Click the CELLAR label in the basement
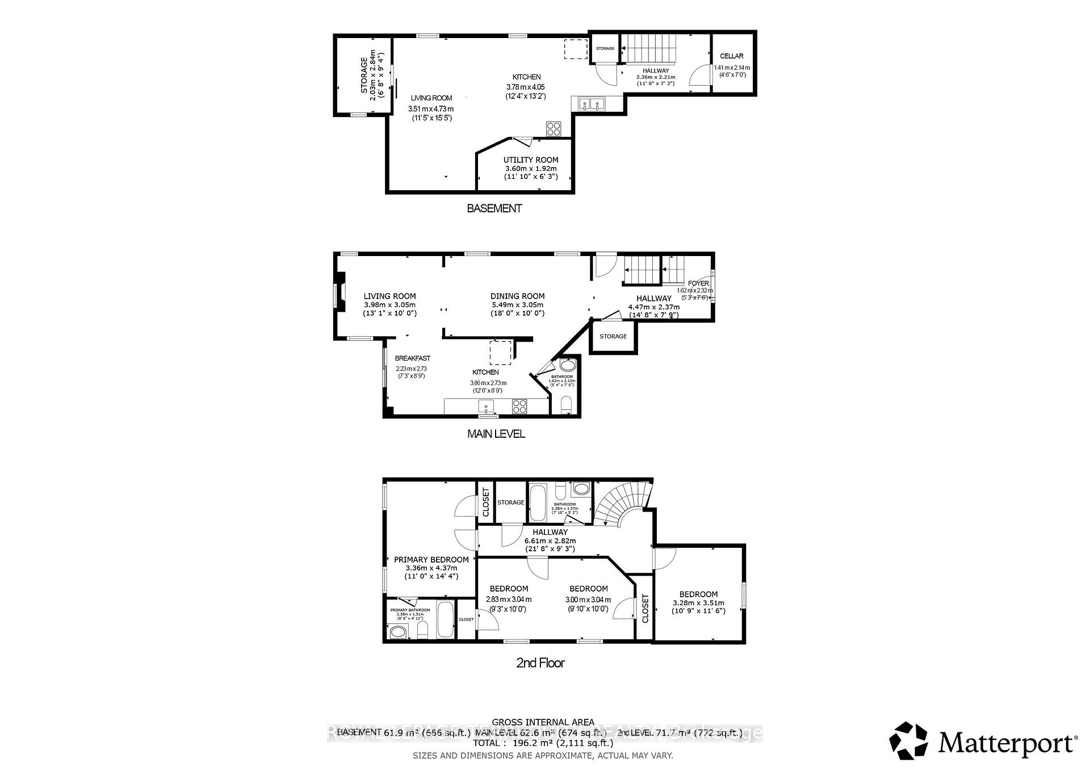click(731, 56)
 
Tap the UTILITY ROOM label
click(531, 160)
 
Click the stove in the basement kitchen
click(554, 129)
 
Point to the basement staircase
click(651, 48)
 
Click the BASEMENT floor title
click(494, 208)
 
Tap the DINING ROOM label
click(517, 296)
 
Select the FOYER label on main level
click(698, 283)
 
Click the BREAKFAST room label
click(412, 358)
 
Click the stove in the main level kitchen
click(519, 406)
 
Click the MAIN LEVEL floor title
click(496, 434)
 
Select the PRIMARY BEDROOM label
click(431, 559)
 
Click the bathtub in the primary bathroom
click(446, 621)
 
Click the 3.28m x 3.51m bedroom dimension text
click(698, 603)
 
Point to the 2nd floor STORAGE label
click(510, 502)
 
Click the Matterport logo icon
click(908, 741)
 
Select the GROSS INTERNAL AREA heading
click(543, 722)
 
